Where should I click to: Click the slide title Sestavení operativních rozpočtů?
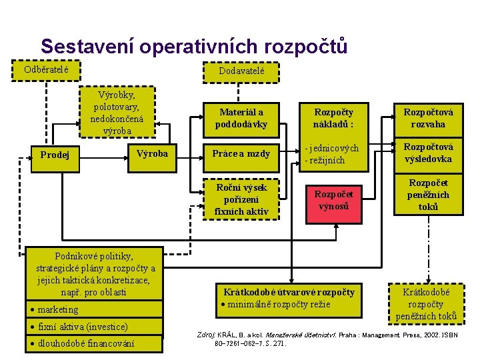[x=194, y=46]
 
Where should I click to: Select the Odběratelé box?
[x=47, y=69]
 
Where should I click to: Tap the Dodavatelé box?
[x=241, y=71]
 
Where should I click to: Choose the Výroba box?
[x=152, y=154]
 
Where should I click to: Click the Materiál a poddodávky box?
[x=241, y=119]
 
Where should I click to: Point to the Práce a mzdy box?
[x=241, y=154]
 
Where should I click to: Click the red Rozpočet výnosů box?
[x=333, y=200]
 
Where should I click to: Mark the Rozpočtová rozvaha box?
[x=429, y=119]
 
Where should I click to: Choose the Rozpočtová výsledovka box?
[x=429, y=153]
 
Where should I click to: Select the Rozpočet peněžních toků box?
[x=429, y=195]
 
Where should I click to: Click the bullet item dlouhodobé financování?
[x=85, y=343]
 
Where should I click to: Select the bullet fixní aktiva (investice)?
[x=83, y=327]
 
